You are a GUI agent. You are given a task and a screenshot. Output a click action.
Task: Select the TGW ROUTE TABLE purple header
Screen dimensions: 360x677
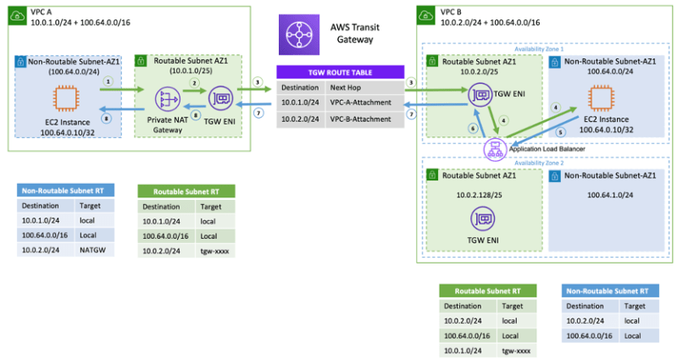tap(338, 72)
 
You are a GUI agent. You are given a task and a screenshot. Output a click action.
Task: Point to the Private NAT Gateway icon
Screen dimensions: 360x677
tap(164, 99)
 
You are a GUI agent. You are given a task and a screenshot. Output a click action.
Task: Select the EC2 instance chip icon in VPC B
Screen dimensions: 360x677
tap(598, 98)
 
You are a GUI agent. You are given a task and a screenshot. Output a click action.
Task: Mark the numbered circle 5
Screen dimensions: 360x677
tap(560, 132)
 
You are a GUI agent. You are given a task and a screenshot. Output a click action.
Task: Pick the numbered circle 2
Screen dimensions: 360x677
tap(194, 82)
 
